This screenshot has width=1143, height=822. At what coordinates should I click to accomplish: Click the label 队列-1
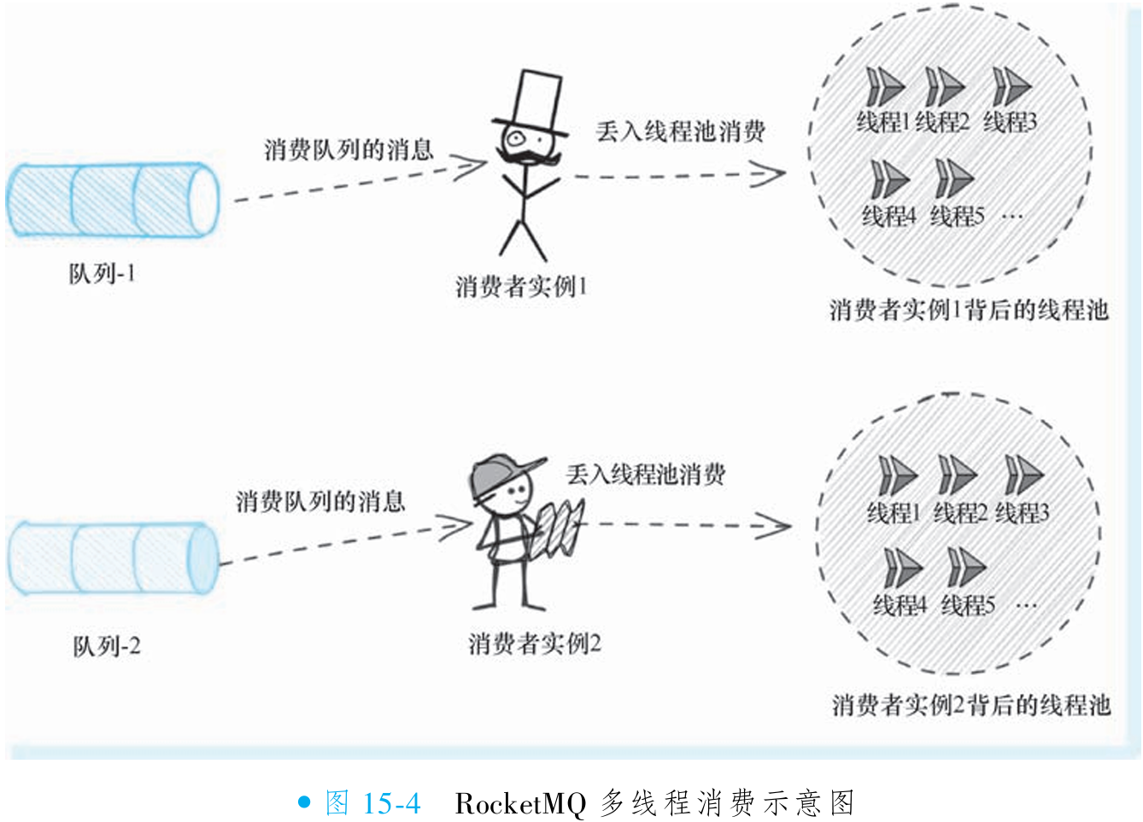pos(102,274)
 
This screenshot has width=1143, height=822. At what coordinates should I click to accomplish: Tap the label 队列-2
pos(106,647)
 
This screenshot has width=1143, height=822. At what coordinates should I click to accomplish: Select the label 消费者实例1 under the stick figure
pos(520,287)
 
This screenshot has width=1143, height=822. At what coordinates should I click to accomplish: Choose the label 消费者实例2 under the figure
pos(534,644)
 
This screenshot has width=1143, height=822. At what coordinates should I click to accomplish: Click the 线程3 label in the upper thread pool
pos(1010,123)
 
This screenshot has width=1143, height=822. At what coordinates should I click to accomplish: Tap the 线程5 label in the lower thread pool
pos(968,606)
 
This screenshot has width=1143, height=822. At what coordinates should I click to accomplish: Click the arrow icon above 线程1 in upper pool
pos(885,87)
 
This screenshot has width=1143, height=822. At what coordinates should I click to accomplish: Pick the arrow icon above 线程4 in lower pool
pos(902,568)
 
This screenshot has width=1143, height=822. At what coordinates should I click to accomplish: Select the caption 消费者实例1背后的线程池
pos(968,310)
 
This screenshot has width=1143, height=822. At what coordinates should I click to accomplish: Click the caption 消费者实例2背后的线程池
pos(971,705)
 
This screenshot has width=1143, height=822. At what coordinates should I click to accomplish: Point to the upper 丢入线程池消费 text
pos(680,131)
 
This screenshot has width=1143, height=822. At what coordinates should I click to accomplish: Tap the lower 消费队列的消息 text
pos(320,501)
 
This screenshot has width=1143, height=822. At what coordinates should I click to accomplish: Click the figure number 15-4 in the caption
pos(391,803)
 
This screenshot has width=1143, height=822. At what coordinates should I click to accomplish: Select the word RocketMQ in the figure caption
pos(520,803)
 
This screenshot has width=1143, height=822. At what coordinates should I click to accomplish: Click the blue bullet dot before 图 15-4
pos(304,802)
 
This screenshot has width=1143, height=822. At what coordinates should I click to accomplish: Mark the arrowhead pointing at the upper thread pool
pos(768,175)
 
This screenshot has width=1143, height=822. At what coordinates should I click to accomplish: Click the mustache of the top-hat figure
pos(528,157)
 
